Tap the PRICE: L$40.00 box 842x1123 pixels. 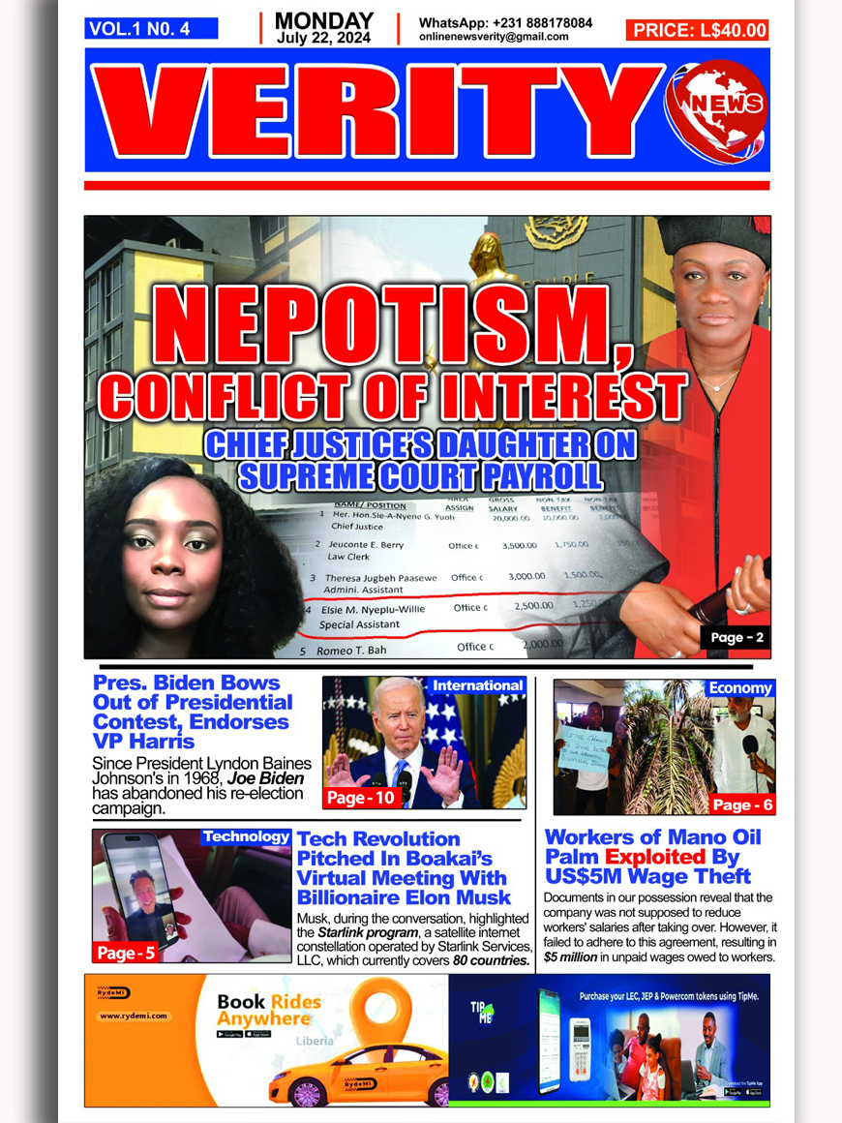coord(698,30)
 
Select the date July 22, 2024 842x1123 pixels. coord(324,38)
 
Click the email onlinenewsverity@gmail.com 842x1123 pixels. coord(494,37)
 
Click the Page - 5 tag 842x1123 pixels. coord(125,953)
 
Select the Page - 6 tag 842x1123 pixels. coord(742,804)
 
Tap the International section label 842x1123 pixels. coord(477,685)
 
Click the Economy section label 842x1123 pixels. coord(740,688)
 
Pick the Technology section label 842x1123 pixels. coord(246,836)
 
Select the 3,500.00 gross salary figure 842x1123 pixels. coord(519,546)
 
